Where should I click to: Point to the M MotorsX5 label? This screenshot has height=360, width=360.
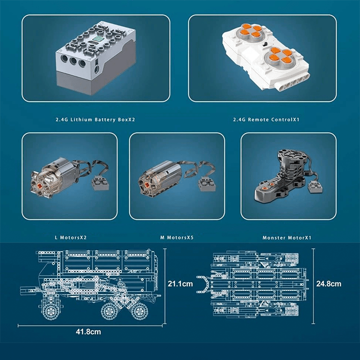click(177, 237)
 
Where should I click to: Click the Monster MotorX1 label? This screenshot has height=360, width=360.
click(287, 237)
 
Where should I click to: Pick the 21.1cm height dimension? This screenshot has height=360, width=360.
click(180, 284)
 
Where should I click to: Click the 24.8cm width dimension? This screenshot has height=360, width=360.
click(328, 284)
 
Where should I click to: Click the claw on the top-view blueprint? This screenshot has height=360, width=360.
click(203, 284)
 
